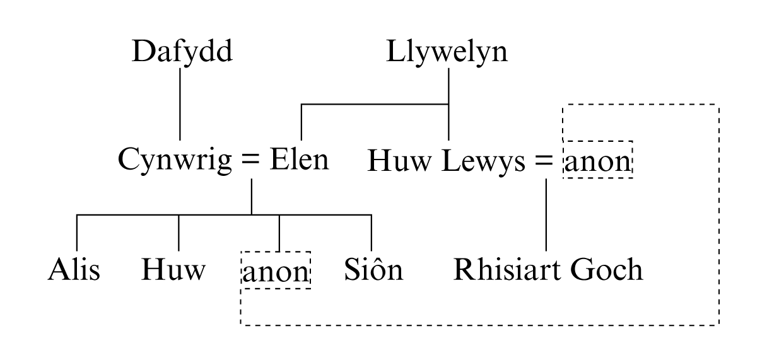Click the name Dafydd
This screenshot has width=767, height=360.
click(x=182, y=52)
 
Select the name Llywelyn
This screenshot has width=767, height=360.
click(x=447, y=52)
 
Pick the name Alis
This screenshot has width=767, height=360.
click(x=74, y=270)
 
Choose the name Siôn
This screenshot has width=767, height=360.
click(x=373, y=270)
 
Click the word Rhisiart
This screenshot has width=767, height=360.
click(x=508, y=270)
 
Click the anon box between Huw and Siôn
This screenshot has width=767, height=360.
click(x=276, y=271)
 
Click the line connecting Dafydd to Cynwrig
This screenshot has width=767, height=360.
click(x=180, y=104)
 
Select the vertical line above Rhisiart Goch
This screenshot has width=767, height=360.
click(x=546, y=214)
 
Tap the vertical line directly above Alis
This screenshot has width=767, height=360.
click(x=76, y=233)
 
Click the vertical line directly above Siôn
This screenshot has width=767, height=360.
click(x=371, y=233)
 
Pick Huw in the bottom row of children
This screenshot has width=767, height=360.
click(x=173, y=270)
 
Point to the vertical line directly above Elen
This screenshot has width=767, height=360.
click(x=302, y=122)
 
